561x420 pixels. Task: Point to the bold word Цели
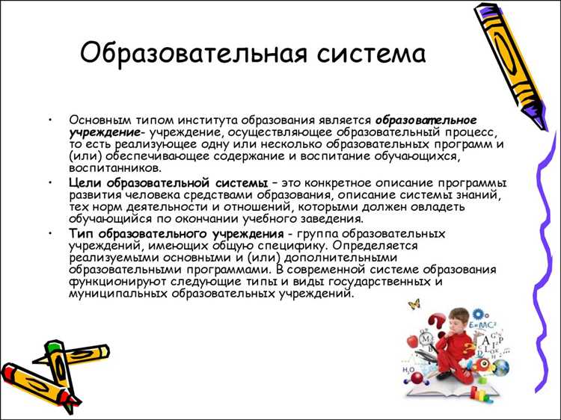(85, 183)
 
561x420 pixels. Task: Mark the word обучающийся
(108, 219)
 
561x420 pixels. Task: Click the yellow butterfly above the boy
(414, 303)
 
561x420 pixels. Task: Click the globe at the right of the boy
(499, 367)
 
